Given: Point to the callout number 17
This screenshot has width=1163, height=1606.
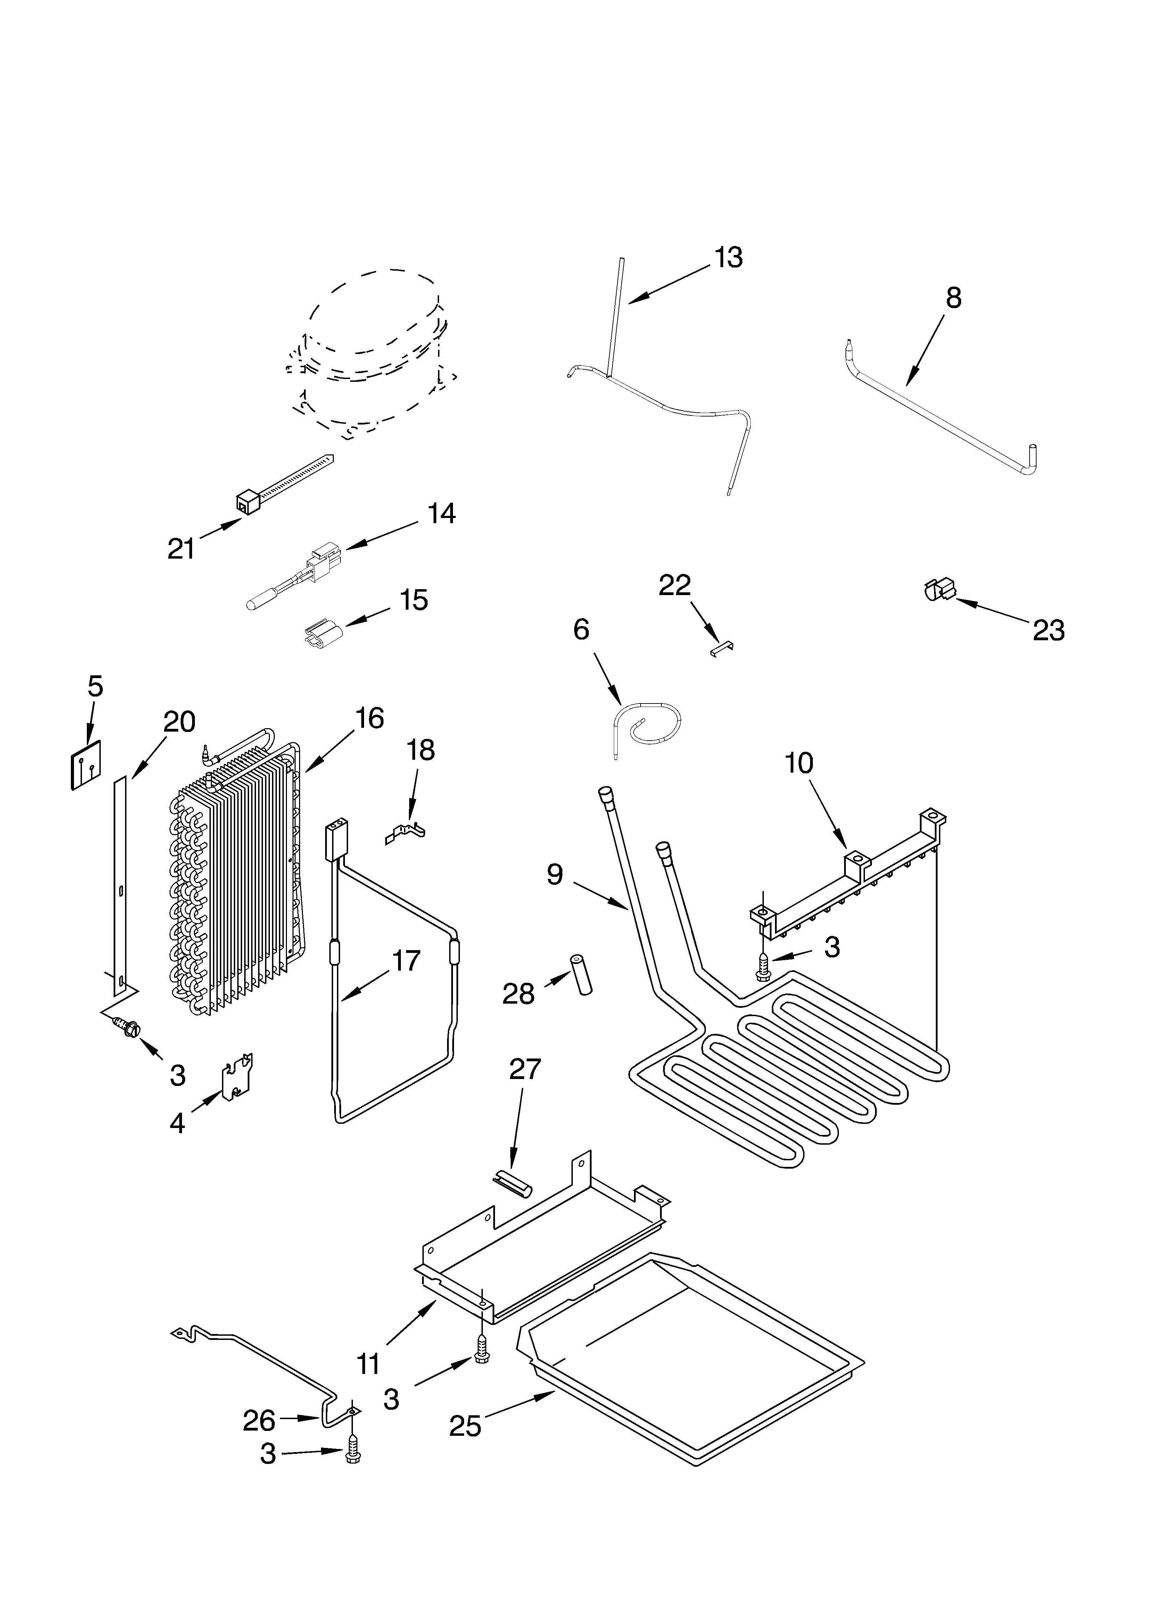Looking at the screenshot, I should pos(406,961).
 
